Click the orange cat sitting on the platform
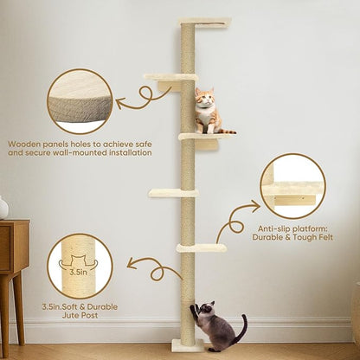[x=205, y=112]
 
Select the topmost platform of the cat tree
[x=204, y=22]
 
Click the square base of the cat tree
[x=188, y=345]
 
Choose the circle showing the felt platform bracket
[x=292, y=186]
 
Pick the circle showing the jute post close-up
[x=79, y=267]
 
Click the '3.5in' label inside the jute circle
[x=79, y=271]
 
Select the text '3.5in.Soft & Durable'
[x=79, y=306]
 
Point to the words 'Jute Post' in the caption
[x=79, y=318]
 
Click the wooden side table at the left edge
[x=12, y=260]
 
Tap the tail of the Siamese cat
[x=237, y=334]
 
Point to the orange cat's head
[x=204, y=99]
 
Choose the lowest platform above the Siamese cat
[x=202, y=248]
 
